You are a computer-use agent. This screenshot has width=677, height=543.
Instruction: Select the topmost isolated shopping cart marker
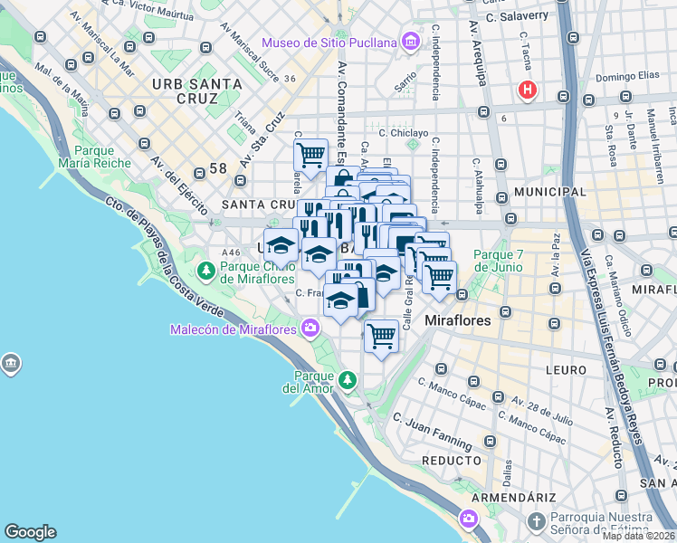pyautogui.click(x=310, y=154)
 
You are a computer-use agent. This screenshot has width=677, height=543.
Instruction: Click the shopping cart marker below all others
pyautogui.click(x=382, y=337)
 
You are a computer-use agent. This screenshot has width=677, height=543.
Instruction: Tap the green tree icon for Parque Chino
pyautogui.click(x=207, y=270)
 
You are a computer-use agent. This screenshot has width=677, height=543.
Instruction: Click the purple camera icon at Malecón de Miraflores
pyautogui.click(x=311, y=328)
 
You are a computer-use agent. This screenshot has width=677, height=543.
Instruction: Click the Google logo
pyautogui.click(x=30, y=532)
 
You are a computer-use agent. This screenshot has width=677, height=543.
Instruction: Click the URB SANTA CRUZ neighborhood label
pyautogui.click(x=196, y=91)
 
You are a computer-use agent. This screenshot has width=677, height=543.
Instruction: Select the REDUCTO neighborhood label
pyautogui.click(x=451, y=461)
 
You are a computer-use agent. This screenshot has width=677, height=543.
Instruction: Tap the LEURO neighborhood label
pyautogui.click(x=567, y=370)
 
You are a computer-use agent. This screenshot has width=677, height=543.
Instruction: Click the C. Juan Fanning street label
pyautogui.click(x=432, y=431)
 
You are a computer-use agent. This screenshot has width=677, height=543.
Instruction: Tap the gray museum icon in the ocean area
pyautogui.click(x=11, y=364)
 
